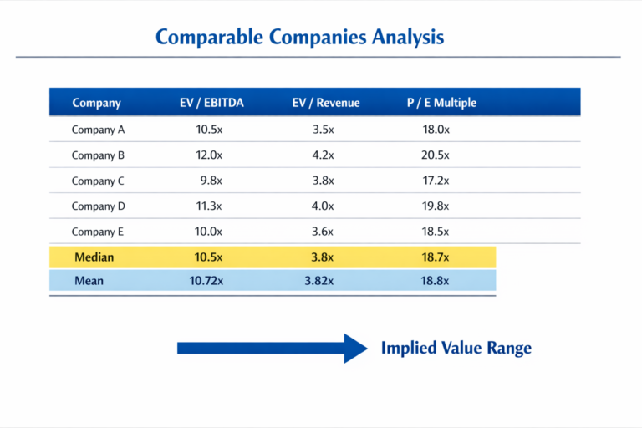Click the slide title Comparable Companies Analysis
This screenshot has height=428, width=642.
pyautogui.click(x=299, y=37)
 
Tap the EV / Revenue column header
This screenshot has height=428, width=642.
pyautogui.click(x=326, y=103)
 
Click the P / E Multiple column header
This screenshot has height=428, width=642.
pyautogui.click(x=441, y=103)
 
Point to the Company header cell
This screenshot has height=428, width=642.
pyautogui.click(x=97, y=103)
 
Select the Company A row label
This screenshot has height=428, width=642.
pyautogui.click(x=98, y=130)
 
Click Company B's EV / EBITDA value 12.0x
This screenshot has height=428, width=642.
pyautogui.click(x=209, y=155)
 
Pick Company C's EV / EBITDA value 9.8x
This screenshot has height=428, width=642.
pyautogui.click(x=211, y=181)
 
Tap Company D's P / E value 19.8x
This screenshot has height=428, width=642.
pyautogui.click(x=436, y=206)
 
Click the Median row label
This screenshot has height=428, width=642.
pyautogui.click(x=94, y=257)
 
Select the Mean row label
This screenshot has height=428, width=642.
pyautogui.click(x=89, y=281)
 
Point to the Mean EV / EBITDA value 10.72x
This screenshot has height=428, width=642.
pyautogui.click(x=206, y=281)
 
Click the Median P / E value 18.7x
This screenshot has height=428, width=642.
pyautogui.click(x=436, y=257)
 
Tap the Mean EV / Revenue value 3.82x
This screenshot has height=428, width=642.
pyautogui.click(x=319, y=281)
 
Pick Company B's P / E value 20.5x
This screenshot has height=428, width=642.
pyautogui.click(x=436, y=155)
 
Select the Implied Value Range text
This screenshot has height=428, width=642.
pyautogui.click(x=456, y=348)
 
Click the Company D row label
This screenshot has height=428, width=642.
pyautogui.click(x=98, y=206)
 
